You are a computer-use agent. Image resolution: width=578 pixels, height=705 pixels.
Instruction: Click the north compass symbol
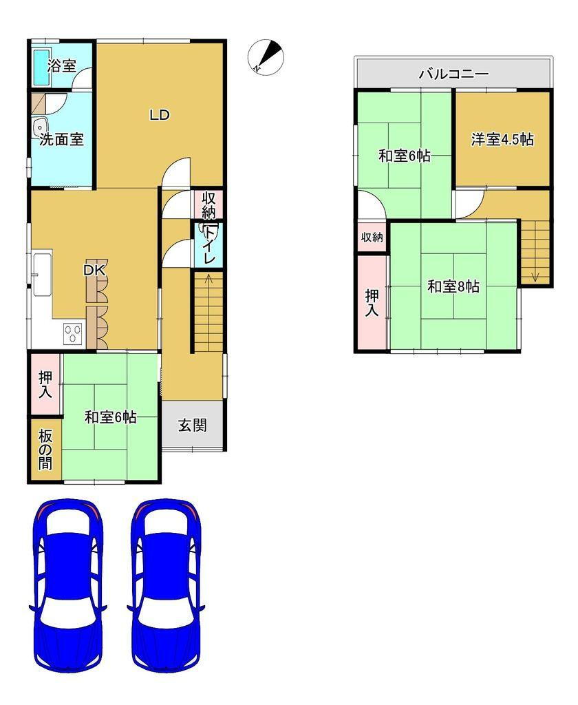click(266, 57)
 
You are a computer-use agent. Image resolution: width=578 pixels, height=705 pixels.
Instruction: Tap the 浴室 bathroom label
click(62, 66)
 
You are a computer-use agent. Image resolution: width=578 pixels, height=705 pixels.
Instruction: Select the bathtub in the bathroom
click(41, 67)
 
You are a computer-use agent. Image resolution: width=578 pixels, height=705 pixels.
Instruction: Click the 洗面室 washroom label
click(61, 139)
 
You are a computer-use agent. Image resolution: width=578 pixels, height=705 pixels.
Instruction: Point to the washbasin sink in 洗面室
click(41, 127)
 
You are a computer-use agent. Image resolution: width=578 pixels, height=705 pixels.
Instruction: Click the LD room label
click(160, 115)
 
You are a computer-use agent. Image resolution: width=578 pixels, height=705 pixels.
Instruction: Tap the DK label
click(94, 271)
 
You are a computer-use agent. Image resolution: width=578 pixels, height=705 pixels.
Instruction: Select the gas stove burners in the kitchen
click(73, 334)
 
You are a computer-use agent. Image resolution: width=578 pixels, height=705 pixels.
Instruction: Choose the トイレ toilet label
click(209, 246)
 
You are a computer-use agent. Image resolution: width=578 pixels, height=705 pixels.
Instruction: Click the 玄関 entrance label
click(193, 425)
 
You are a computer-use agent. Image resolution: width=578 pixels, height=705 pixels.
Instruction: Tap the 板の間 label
click(45, 449)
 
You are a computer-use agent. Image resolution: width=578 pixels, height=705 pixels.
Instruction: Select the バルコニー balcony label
click(453, 74)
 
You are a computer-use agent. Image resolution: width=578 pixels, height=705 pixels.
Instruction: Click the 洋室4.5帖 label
click(502, 139)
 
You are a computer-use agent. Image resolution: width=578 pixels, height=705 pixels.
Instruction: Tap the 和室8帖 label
click(453, 286)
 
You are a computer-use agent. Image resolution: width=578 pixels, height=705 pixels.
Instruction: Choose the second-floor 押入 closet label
click(372, 303)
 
